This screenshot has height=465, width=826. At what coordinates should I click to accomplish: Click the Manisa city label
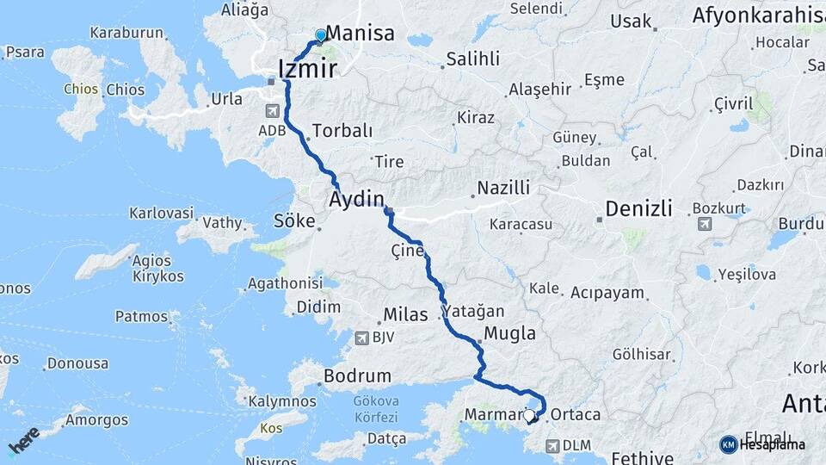[x=361, y=34]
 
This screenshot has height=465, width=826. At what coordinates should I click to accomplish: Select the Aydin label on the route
[x=356, y=200]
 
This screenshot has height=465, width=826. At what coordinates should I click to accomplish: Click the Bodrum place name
[x=357, y=376]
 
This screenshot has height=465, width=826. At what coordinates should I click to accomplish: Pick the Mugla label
[x=509, y=333]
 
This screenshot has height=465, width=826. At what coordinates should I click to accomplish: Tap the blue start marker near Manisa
[x=321, y=35]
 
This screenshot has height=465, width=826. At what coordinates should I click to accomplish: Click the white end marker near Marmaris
[x=529, y=414]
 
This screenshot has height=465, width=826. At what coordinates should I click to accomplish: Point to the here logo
[x=23, y=439]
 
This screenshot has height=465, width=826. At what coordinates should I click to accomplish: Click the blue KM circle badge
[x=729, y=444]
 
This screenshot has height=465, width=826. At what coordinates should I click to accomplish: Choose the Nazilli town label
[x=504, y=188]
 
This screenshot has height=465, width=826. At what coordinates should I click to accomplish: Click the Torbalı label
[x=342, y=131]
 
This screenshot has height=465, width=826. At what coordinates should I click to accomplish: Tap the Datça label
[x=386, y=439]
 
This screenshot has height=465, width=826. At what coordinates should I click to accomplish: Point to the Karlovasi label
[x=162, y=213]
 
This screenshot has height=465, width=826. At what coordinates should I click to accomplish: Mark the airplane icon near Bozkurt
[x=706, y=224]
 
